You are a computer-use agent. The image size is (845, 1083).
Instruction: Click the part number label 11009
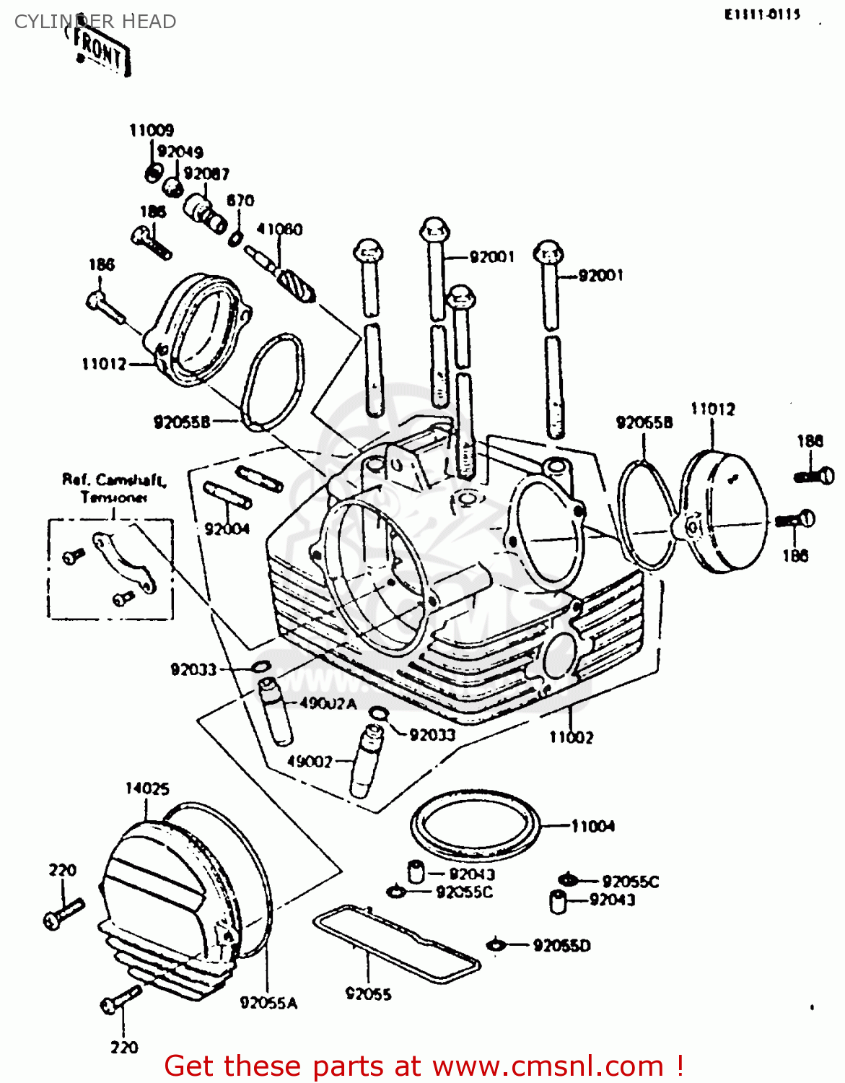click(152, 131)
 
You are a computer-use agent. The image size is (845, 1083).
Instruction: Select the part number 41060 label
click(279, 230)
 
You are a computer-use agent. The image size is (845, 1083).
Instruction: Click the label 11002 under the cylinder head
click(571, 737)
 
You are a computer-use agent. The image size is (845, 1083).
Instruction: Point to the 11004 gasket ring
click(476, 825)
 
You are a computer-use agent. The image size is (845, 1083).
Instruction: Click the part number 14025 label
click(147, 788)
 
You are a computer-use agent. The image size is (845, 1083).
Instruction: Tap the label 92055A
click(268, 1003)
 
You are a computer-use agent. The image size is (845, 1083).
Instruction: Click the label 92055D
click(561, 946)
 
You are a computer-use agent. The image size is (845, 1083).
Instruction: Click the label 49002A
click(328, 704)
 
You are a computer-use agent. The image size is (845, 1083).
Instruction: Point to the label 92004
click(227, 529)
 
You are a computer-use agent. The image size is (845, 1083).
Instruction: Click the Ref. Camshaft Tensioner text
click(114, 488)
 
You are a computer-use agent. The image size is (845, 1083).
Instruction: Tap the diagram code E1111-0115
click(763, 14)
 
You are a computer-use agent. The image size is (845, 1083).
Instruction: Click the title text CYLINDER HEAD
click(95, 22)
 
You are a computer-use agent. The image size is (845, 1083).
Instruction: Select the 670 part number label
click(240, 200)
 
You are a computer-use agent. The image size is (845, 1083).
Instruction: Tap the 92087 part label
click(206, 174)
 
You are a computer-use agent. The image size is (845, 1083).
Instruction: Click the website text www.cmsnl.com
click(548, 1066)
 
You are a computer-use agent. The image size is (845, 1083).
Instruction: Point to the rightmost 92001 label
click(600, 275)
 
